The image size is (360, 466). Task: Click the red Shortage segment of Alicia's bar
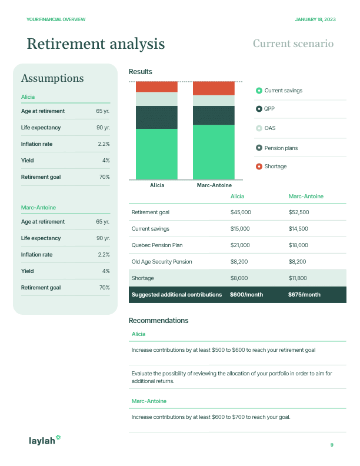pyautogui.click(x=156, y=86)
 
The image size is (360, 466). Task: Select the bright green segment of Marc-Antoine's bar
pyautogui.click(x=214, y=152)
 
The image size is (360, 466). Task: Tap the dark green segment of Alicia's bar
pyautogui.click(x=156, y=117)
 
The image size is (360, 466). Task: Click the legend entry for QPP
pyautogui.click(x=269, y=109)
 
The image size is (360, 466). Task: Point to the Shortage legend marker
pyautogui.click(x=259, y=167)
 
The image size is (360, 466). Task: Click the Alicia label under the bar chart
pyautogui.click(x=157, y=185)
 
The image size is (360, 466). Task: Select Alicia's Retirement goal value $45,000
pyautogui.click(x=241, y=212)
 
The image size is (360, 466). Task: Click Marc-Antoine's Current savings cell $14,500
pyautogui.click(x=298, y=228)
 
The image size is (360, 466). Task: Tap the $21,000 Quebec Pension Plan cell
pyautogui.click(x=241, y=245)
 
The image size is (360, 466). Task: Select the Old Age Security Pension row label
pyautogui.click(x=162, y=261)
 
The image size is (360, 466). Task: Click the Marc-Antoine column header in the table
pyautogui.click(x=306, y=196)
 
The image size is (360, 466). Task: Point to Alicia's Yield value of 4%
pyautogui.click(x=106, y=160)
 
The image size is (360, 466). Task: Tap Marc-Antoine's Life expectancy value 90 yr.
pyautogui.click(x=103, y=238)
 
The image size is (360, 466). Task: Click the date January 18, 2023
pyautogui.click(x=315, y=19)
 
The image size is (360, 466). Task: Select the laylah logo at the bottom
pyautogui.click(x=45, y=440)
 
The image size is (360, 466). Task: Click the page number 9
pyautogui.click(x=332, y=445)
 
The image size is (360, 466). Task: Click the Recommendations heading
pyautogui.click(x=158, y=321)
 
